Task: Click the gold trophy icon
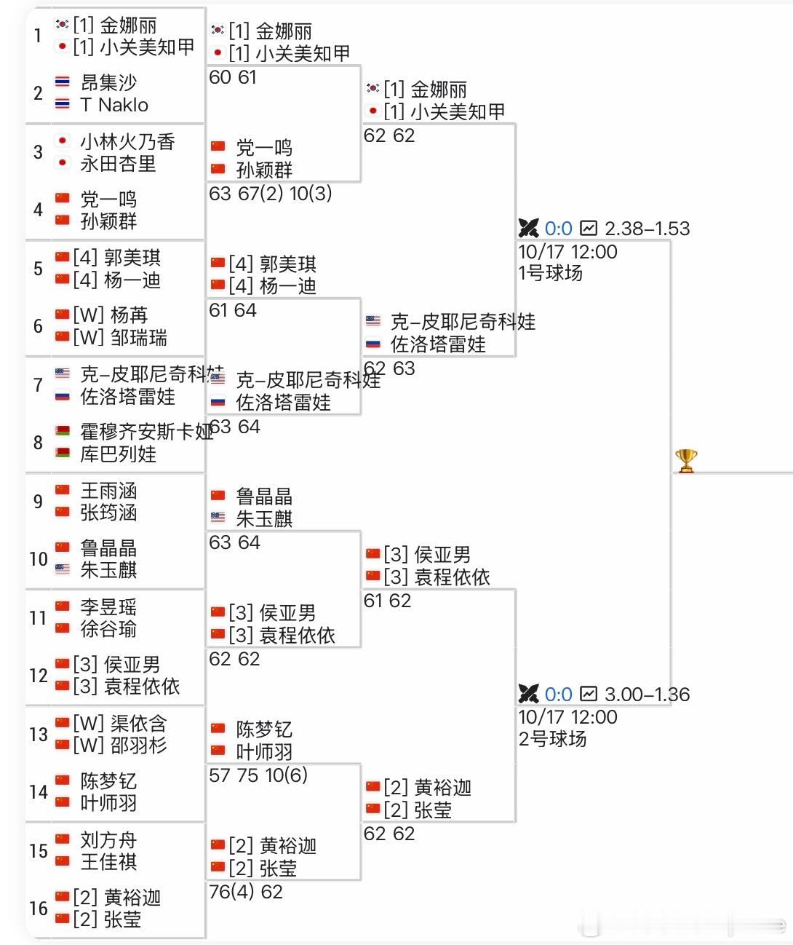point(686,461)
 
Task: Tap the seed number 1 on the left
point(38,36)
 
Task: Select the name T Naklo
point(114,106)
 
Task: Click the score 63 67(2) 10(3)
point(270,194)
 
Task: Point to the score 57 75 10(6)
point(258,775)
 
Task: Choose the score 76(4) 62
point(246,892)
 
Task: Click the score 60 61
point(233,77)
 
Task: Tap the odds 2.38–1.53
point(647,229)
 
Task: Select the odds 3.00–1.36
point(647,695)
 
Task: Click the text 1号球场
point(551,274)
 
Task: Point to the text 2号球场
point(552,740)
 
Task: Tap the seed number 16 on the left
point(39,909)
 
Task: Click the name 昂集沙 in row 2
point(108,83)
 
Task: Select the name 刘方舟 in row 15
point(108,840)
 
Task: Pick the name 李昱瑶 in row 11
point(108,607)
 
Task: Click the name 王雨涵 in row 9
point(108,491)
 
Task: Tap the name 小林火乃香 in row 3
point(127,141)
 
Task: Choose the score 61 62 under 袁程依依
point(387,601)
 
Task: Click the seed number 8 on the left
point(38,443)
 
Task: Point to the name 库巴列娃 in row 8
point(118,454)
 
